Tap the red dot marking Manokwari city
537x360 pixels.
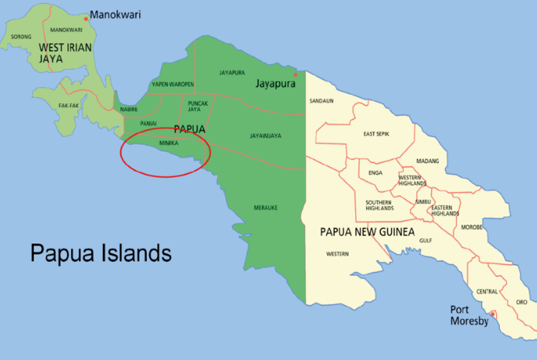(86, 18)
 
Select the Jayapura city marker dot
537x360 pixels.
(295, 75)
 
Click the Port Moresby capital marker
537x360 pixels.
(494, 314)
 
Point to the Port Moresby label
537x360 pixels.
(470, 315)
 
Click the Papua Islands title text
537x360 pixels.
(100, 253)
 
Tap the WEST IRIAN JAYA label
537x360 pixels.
(62, 52)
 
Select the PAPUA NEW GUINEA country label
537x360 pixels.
(367, 232)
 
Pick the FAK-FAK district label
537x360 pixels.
(68, 104)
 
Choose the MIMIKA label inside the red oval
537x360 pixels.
(168, 142)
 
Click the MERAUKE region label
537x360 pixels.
(265, 208)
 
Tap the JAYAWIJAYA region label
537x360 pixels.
(265, 136)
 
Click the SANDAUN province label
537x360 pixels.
(321, 101)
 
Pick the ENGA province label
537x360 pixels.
(376, 172)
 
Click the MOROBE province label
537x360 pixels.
(471, 227)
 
